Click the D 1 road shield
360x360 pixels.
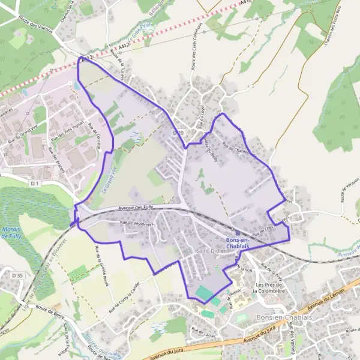click(35, 183)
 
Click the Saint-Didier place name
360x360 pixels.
click(211, 250)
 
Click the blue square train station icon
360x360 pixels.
click(238, 234)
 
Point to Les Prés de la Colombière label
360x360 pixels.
click(269, 287)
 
